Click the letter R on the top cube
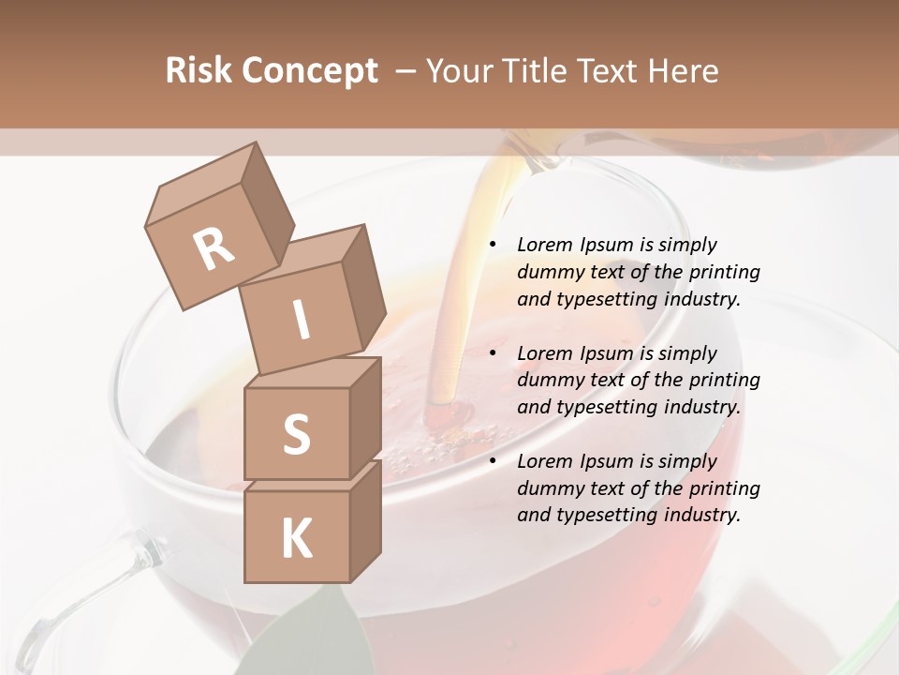[x=214, y=249]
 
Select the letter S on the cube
[x=296, y=434]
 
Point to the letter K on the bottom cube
[x=296, y=539]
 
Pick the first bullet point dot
[x=494, y=245]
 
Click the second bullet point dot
[x=494, y=353]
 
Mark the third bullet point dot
[x=494, y=461]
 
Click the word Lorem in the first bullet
[x=543, y=245]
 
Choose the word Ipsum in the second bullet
[x=605, y=353]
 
